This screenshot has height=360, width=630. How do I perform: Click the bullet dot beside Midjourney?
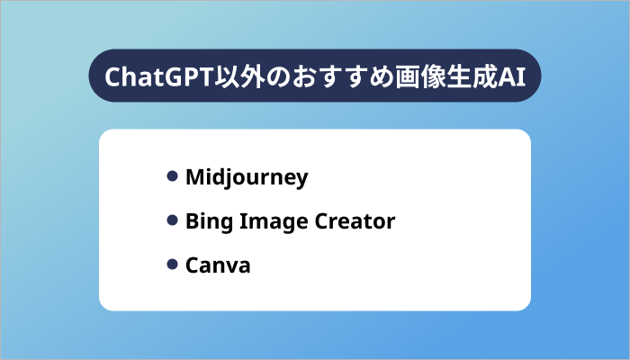pos(172,176)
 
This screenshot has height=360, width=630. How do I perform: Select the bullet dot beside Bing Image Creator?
pos(172,220)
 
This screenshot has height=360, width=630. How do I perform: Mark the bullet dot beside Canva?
pos(172,265)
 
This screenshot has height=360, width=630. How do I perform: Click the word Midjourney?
pos(246,177)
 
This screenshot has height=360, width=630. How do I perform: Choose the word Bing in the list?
pos(204,221)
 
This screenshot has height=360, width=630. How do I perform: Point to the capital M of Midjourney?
pos(193,177)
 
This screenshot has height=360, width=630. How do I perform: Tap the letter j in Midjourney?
pos(229,178)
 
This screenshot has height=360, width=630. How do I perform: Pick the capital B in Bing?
pos(191,221)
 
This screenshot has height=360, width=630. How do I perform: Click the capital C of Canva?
pos(191,265)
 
